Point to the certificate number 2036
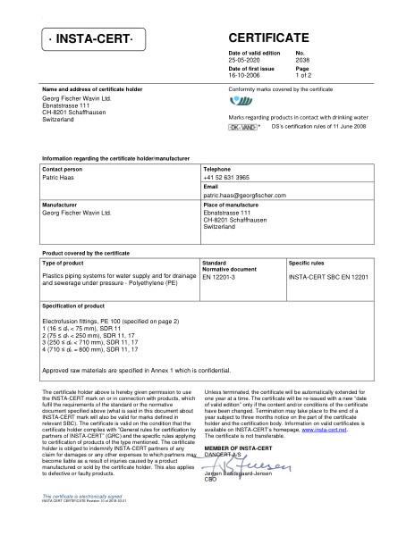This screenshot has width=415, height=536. click(x=301, y=60)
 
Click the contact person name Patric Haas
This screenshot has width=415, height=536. click(x=60, y=178)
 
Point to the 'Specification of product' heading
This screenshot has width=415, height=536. click(x=76, y=306)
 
